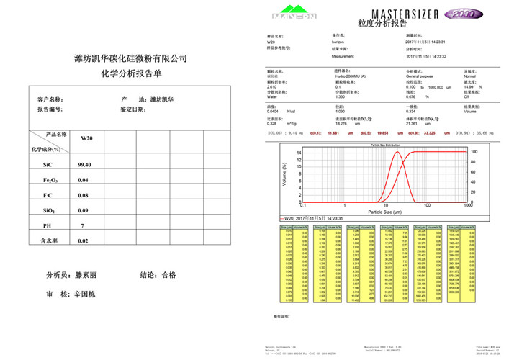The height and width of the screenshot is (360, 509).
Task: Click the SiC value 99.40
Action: tap(84, 165)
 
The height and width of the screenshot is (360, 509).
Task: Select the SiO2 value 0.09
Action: tap(84, 210)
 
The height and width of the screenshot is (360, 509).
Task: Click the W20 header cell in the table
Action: tap(86, 138)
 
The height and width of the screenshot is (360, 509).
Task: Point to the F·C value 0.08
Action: tap(84, 195)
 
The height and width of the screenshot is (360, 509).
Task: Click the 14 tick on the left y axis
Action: tap(298, 153)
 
